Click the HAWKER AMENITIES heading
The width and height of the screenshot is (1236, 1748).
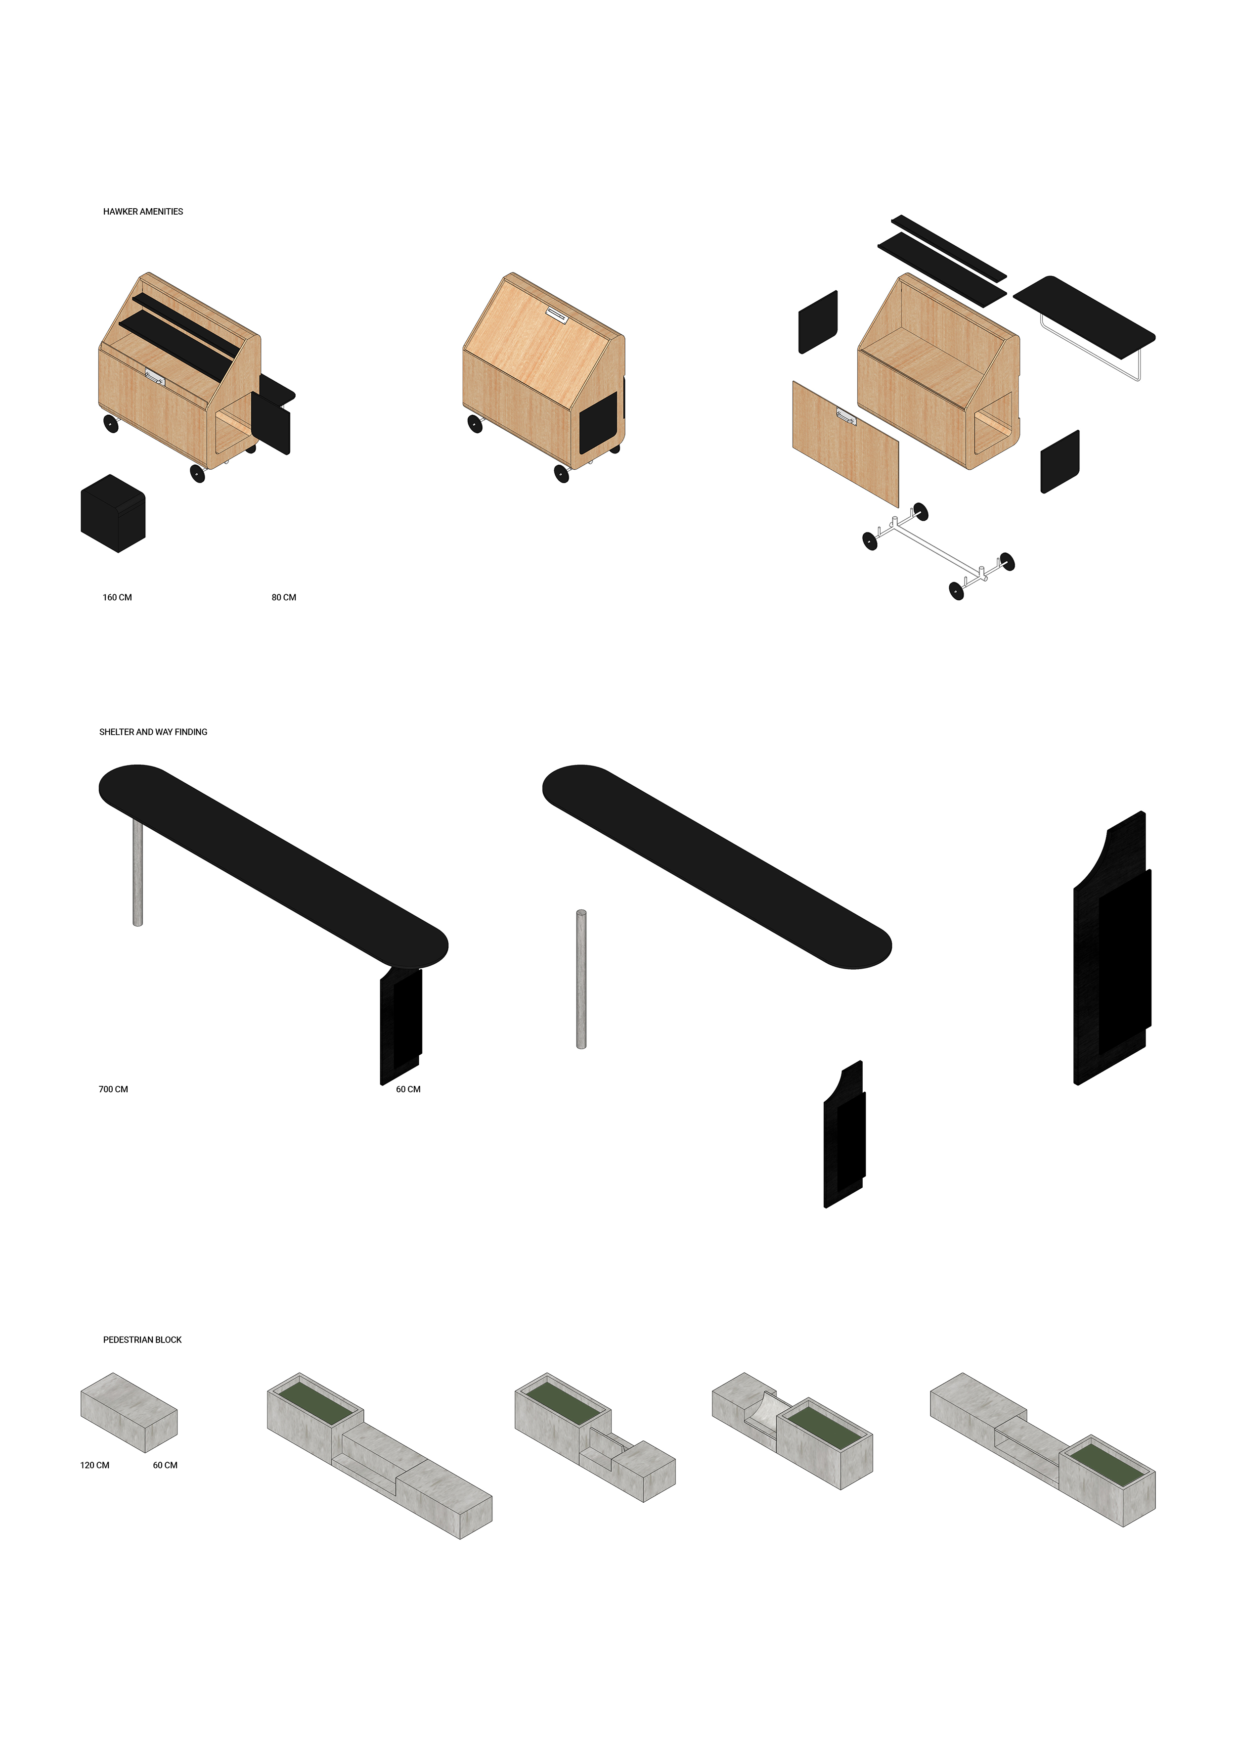click(143, 212)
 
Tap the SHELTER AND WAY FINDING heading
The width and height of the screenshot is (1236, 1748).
click(153, 732)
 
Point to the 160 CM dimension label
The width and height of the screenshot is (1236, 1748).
click(117, 598)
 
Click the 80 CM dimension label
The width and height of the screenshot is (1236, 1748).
click(284, 598)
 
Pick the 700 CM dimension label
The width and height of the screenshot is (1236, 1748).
click(113, 1089)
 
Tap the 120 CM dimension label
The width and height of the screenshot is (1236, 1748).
click(95, 1466)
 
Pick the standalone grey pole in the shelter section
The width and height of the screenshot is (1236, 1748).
click(581, 979)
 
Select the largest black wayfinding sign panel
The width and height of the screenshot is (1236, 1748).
click(1112, 948)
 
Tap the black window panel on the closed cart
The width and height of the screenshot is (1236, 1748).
click(598, 422)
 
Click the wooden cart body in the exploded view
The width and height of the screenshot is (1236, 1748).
click(938, 371)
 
